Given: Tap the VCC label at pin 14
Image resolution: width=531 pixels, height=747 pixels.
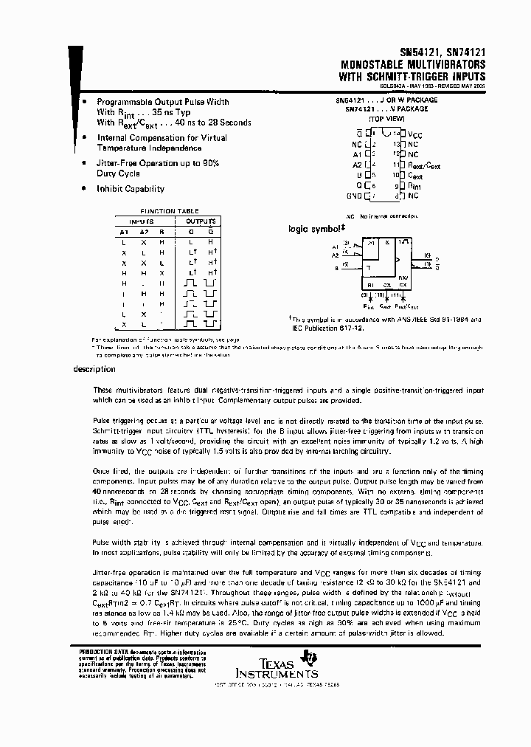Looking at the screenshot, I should tap(416, 136).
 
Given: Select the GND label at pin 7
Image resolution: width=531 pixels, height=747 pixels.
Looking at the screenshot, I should tap(354, 196).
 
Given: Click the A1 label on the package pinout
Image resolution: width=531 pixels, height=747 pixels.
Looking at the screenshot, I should tap(357, 156).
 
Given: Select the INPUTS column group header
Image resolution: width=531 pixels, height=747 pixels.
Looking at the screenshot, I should tap(142, 221).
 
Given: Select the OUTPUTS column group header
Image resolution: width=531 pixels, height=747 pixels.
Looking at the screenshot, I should tap(200, 221).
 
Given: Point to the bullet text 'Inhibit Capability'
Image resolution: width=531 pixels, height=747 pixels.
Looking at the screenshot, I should tap(131, 189).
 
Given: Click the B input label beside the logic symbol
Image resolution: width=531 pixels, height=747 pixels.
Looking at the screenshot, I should tap(336, 269).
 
